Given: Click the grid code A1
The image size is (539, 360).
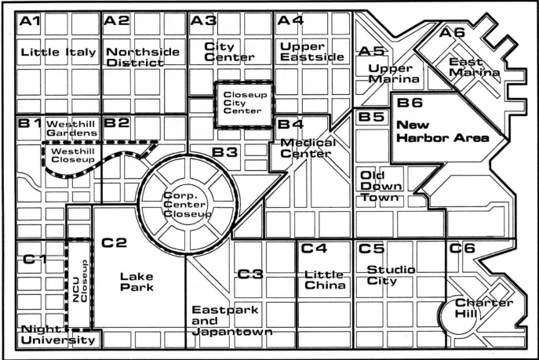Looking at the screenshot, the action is (30, 21).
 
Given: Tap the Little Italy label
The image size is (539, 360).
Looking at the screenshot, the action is (58, 53).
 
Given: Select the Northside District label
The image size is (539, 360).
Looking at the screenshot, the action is (143, 57).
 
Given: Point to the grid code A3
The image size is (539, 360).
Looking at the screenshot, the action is (203, 20).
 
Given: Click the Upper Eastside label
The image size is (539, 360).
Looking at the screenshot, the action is (311, 52).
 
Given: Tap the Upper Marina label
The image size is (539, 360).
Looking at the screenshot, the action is (394, 74).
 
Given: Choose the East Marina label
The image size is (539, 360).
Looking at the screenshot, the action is (474, 67).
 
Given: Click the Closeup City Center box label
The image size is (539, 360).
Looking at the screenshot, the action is (245, 103).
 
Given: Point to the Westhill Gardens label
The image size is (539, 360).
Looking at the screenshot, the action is (72, 128).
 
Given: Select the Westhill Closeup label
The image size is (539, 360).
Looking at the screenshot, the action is (73, 155).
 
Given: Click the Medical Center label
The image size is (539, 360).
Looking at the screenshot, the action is (308, 148).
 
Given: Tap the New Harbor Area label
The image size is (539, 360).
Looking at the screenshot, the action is (442, 131).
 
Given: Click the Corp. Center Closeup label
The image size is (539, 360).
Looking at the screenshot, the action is (188, 205).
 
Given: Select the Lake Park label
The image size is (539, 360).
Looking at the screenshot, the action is (137, 282).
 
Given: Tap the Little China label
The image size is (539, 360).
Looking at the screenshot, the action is (325, 280).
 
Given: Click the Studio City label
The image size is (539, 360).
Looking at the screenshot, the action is (391, 275).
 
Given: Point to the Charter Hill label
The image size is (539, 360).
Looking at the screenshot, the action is (484, 307).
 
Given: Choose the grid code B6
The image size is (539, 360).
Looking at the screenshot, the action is (410, 103).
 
